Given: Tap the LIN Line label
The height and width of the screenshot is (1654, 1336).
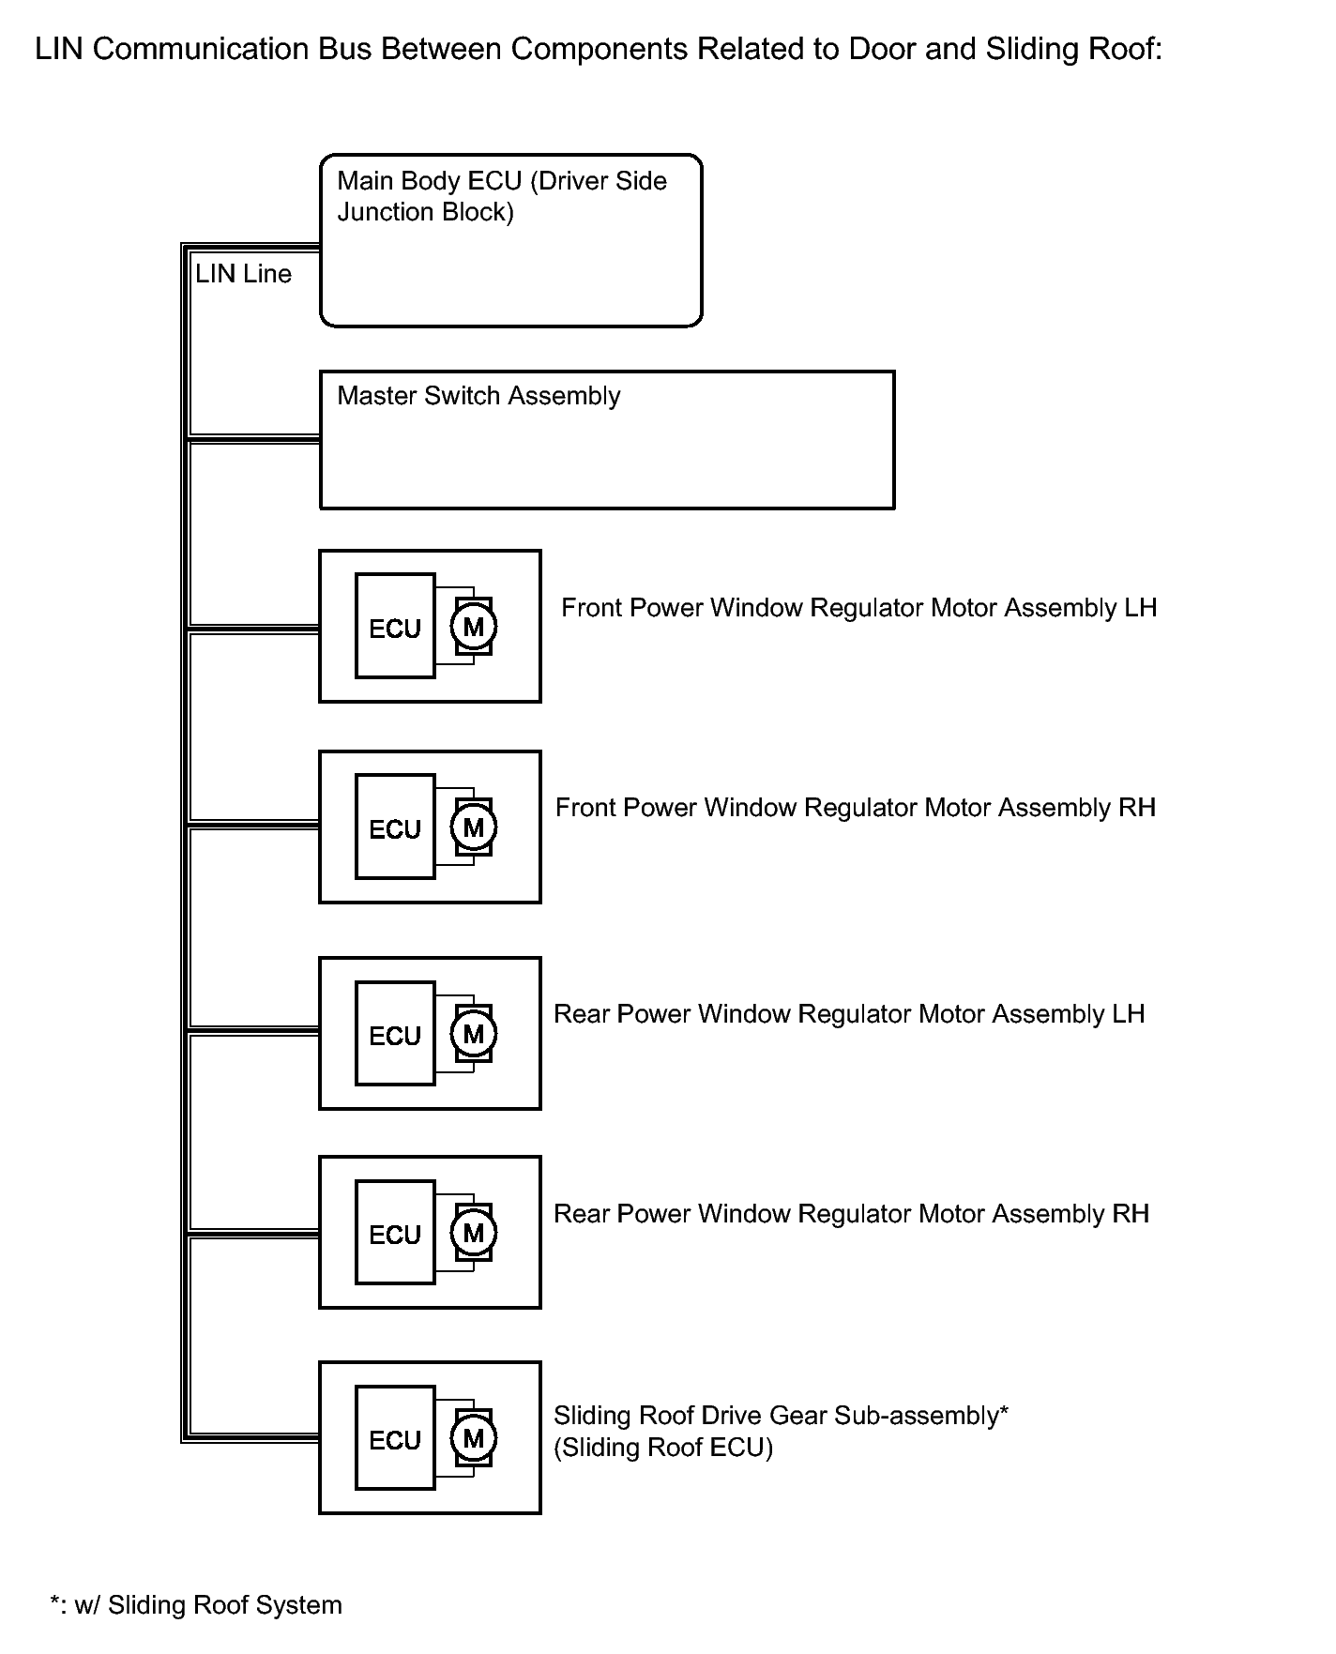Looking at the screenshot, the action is click(243, 274).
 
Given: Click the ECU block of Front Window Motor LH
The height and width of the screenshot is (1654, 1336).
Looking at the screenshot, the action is click(395, 626).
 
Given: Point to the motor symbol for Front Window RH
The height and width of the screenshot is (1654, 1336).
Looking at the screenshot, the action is click(474, 827).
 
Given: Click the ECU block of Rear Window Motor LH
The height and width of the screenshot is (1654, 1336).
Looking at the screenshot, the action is click(395, 1034).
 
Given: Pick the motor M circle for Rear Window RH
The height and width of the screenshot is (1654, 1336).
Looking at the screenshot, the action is click(474, 1233).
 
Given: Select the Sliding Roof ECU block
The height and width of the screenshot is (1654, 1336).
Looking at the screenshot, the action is click(395, 1438).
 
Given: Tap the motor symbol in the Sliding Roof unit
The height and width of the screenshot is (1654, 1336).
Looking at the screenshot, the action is click(474, 1438).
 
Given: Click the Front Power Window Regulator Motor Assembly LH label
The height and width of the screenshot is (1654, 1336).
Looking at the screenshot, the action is click(858, 608).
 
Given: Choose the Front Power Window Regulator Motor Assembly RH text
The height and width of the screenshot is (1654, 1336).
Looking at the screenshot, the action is click(855, 808).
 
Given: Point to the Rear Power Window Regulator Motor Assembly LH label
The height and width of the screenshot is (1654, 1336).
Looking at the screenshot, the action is click(849, 1014).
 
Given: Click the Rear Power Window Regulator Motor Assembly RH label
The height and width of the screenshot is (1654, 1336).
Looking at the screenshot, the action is click(851, 1214).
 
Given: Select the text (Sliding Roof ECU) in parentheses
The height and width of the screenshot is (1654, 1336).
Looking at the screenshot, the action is click(663, 1448).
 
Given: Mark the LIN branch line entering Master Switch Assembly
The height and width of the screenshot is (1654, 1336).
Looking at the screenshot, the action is click(253, 438).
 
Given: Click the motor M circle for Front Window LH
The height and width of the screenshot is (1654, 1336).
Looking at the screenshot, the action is click(474, 626).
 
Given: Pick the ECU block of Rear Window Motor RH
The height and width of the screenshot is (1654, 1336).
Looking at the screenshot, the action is click(395, 1233).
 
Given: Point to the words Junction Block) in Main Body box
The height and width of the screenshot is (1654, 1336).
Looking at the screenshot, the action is click(426, 213).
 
